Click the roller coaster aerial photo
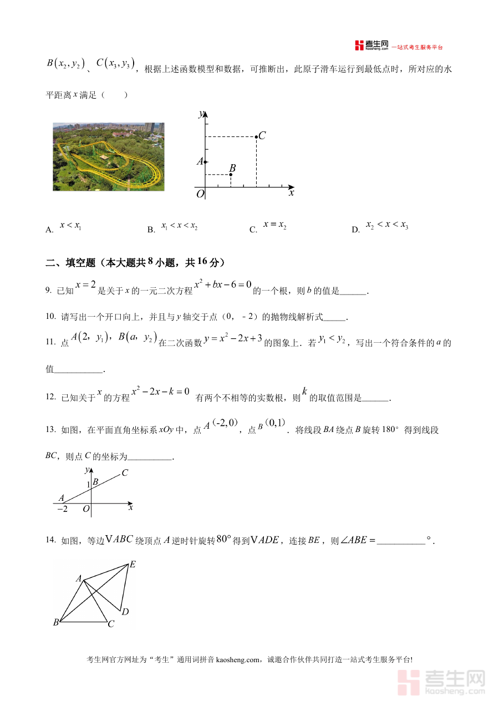[109, 157]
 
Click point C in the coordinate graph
[256, 136]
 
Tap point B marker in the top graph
[231, 175]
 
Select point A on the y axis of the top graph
[205, 162]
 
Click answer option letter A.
[49, 230]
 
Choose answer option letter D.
[355, 230]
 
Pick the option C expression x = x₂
[274, 225]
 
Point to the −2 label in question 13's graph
[62, 509]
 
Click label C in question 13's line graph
[125, 473]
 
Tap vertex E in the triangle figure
[133, 565]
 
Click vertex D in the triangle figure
[125, 612]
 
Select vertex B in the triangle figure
[56, 623]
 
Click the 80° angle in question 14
[223, 538]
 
